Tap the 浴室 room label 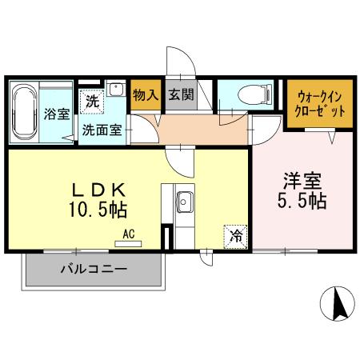pos(57,113)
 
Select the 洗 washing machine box pos(92,102)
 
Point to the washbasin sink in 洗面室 pos(117,89)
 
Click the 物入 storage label pos(144,94)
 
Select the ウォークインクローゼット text pos(318,102)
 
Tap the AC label pos(128,234)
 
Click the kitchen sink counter pos(183,207)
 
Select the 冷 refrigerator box pos(236,235)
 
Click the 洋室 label pos(302,180)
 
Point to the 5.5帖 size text pos(302,201)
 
